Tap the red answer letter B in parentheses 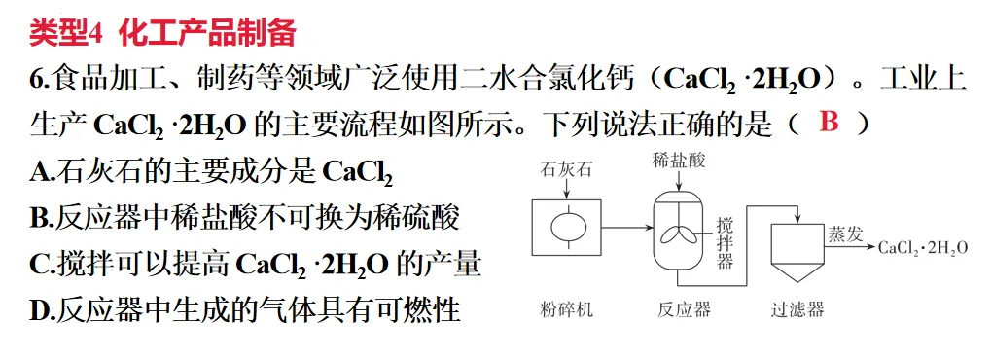829,123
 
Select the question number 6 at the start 38,79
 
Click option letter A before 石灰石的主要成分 41,172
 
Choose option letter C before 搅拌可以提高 41,266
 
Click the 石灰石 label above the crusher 566,170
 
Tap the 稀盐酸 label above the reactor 679,161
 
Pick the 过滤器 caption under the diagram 797,310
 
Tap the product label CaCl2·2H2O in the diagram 923,248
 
